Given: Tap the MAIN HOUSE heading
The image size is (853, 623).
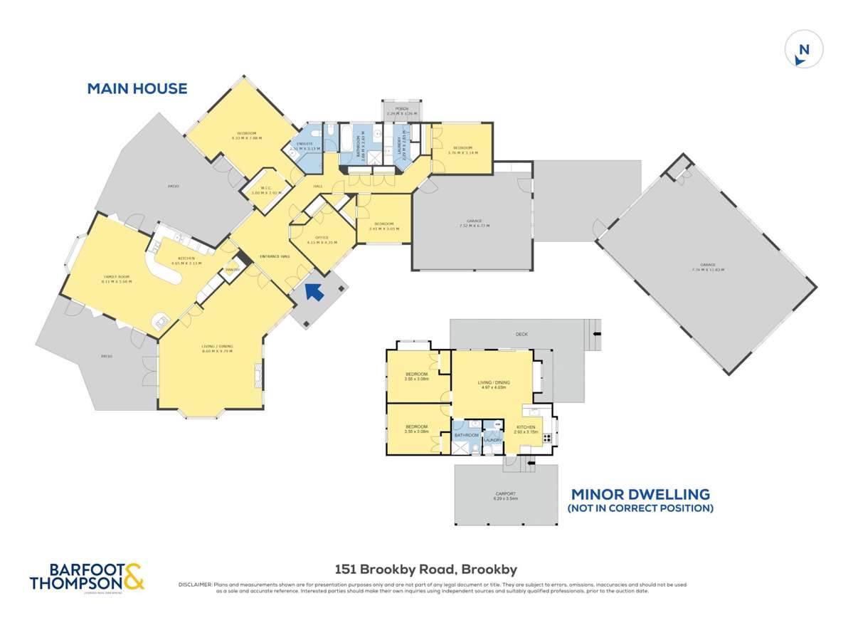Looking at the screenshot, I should [x=137, y=89].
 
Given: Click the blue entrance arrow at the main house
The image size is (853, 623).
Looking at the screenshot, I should [x=314, y=291].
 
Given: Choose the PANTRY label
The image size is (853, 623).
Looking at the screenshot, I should [x=232, y=270].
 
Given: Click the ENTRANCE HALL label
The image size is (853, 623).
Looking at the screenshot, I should [x=275, y=256].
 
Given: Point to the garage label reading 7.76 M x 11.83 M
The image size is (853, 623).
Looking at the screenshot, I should [x=707, y=266].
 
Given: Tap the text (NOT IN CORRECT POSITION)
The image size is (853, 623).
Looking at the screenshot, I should [x=640, y=508].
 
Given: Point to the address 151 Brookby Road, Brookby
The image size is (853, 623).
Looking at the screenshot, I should [x=426, y=569].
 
